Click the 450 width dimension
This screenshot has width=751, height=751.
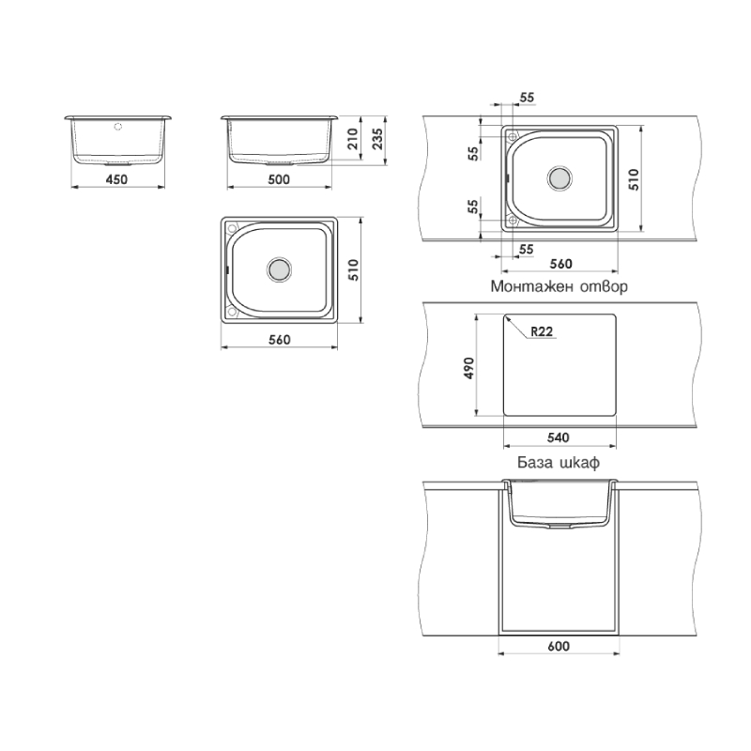116,179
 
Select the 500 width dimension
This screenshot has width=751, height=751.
279,179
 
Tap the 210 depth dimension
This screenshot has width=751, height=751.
353,139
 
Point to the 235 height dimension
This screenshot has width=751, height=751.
377,139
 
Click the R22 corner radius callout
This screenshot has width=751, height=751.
542,331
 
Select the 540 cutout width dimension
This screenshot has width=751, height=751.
559,437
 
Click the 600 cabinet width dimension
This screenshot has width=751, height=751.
559,647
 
